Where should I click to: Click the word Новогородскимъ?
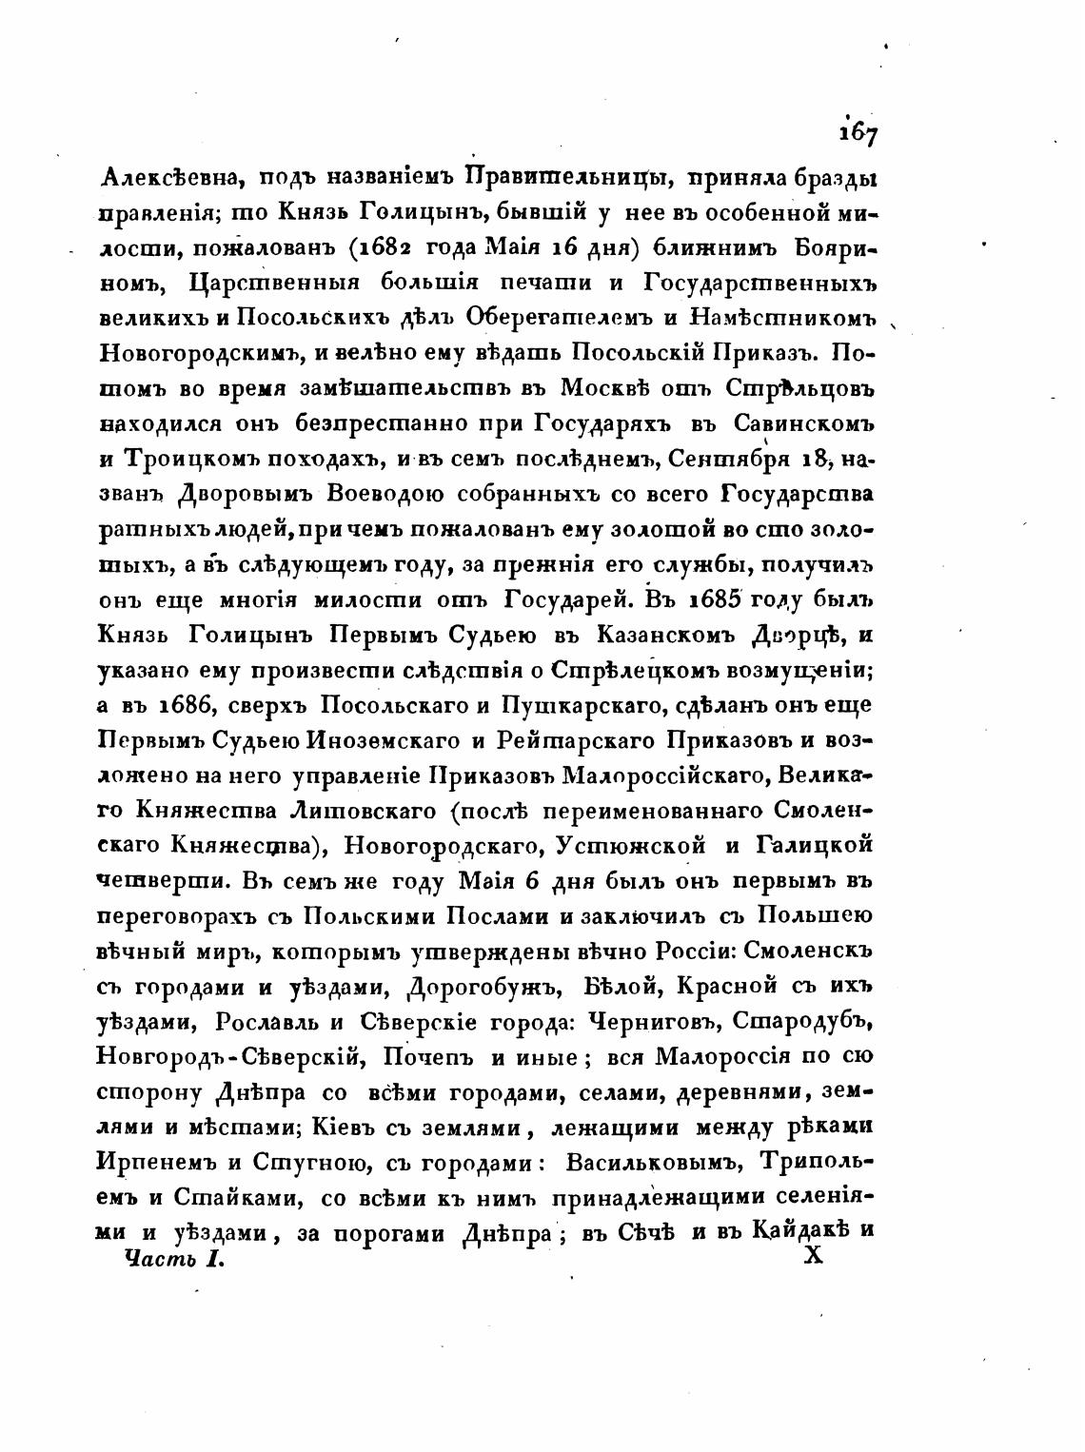click(199, 353)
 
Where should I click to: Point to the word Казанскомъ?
click(637, 635)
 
